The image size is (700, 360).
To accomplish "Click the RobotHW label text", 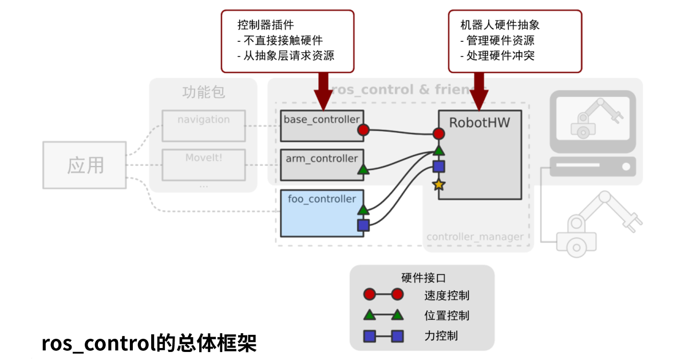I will coord(479,122).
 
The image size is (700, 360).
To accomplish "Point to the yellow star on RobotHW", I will coord(438,184).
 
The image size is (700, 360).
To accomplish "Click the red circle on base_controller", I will coord(363,130).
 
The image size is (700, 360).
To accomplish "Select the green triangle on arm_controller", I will coord(363,169).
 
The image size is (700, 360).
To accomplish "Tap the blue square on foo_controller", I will coord(363,225).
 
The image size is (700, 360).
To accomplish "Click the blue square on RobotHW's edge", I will coord(438,167).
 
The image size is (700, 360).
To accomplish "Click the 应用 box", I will coord(85,165).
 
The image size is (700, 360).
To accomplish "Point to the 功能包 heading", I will coord(203,93).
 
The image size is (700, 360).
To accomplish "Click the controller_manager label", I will coord(474,237).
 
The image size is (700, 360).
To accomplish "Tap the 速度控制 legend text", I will coord(446,295).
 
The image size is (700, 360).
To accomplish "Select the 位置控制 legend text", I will coord(446,315).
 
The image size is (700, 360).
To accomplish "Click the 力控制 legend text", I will coord(441,336).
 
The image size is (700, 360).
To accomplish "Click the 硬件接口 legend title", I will coord(423,278).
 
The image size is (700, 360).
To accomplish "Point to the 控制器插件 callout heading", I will coord(266,25).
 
